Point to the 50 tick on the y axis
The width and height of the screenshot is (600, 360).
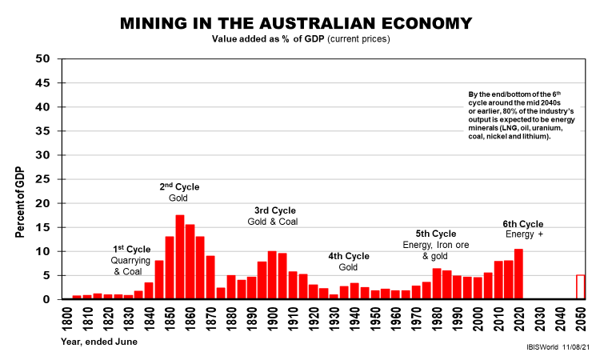pos(45,59)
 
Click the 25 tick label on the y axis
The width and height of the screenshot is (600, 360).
pos(45,179)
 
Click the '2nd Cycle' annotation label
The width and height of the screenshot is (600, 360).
pos(179,187)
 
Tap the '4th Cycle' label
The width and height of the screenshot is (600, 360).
pos(349,256)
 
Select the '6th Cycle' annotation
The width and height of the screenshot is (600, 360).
pos(523,224)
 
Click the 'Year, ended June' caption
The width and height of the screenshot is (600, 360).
pos(98,342)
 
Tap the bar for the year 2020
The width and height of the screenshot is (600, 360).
pos(519,274)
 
